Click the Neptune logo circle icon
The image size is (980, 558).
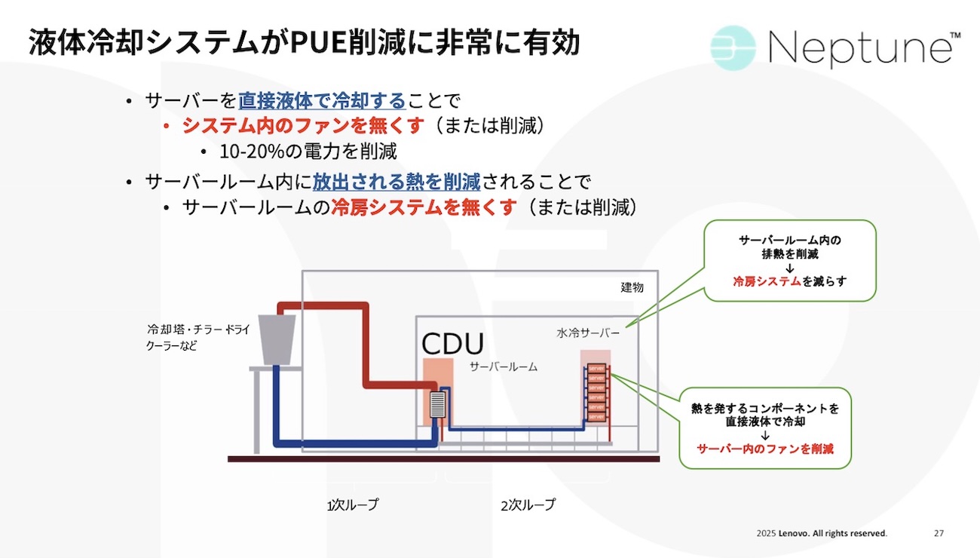(x=733, y=48)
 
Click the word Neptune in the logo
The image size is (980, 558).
(x=859, y=49)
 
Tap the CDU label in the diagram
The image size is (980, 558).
(x=452, y=344)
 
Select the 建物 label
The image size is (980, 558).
(x=632, y=288)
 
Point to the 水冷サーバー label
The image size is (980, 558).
(x=588, y=332)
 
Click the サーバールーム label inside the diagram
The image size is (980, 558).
(x=504, y=367)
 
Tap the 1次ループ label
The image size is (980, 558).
(x=353, y=504)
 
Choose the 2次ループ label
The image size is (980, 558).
(x=528, y=504)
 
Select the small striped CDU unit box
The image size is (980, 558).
(x=438, y=405)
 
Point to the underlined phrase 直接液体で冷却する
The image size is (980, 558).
(x=322, y=100)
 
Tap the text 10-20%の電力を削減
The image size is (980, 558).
(x=308, y=151)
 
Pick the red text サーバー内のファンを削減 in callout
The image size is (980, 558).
(x=764, y=449)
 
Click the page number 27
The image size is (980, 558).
(x=939, y=533)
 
